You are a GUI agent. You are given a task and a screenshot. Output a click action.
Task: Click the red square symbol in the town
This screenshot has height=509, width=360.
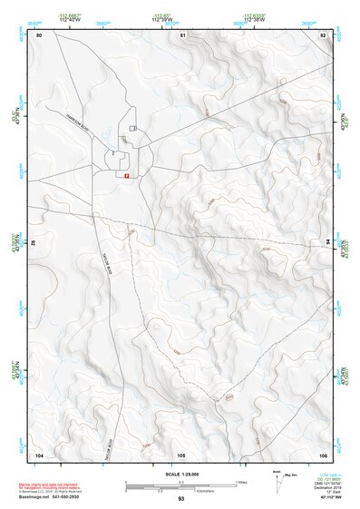(127, 176)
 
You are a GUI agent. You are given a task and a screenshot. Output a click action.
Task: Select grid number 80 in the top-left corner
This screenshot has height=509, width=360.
(40, 34)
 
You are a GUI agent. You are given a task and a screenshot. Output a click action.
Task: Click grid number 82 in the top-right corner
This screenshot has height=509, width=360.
(323, 34)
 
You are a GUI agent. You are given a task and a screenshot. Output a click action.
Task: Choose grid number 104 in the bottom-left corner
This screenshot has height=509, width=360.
(40, 453)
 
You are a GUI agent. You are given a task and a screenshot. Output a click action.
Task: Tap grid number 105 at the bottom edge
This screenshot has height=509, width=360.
(181, 453)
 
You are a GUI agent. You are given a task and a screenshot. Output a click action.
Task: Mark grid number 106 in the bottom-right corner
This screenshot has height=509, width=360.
(323, 453)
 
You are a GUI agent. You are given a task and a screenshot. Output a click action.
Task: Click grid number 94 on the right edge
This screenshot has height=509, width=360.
(326, 242)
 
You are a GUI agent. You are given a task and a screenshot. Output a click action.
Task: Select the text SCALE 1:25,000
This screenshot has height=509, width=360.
(181, 475)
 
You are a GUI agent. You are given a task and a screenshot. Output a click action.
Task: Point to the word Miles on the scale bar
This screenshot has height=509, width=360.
(240, 481)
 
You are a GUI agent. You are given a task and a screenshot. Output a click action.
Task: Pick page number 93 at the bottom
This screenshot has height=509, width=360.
(181, 500)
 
